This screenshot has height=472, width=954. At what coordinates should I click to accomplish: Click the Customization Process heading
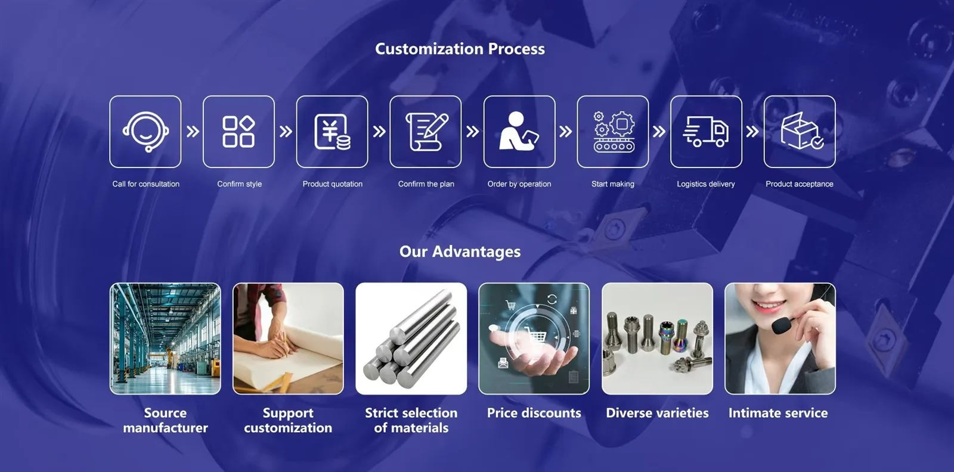click(460, 49)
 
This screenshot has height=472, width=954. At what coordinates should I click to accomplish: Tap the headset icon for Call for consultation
click(145, 132)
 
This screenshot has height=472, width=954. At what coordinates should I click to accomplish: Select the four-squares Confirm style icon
click(238, 132)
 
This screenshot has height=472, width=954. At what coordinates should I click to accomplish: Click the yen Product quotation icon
click(332, 132)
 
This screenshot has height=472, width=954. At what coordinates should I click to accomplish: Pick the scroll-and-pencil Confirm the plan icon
click(426, 132)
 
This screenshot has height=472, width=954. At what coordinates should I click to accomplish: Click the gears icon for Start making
click(614, 132)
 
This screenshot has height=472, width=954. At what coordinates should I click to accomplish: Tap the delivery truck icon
click(706, 132)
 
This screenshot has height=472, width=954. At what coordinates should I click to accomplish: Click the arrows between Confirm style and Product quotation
click(286, 132)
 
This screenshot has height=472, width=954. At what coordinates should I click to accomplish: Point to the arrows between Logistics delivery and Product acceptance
click(752, 132)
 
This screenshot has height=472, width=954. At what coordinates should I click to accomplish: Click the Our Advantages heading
click(460, 251)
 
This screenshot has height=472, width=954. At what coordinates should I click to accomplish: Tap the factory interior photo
click(165, 339)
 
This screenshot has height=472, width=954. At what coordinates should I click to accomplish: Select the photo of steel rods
click(411, 339)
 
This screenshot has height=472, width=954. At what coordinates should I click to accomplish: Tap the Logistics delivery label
click(706, 184)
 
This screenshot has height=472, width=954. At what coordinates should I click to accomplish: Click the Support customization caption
click(288, 420)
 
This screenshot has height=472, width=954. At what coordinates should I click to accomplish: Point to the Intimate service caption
click(778, 413)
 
